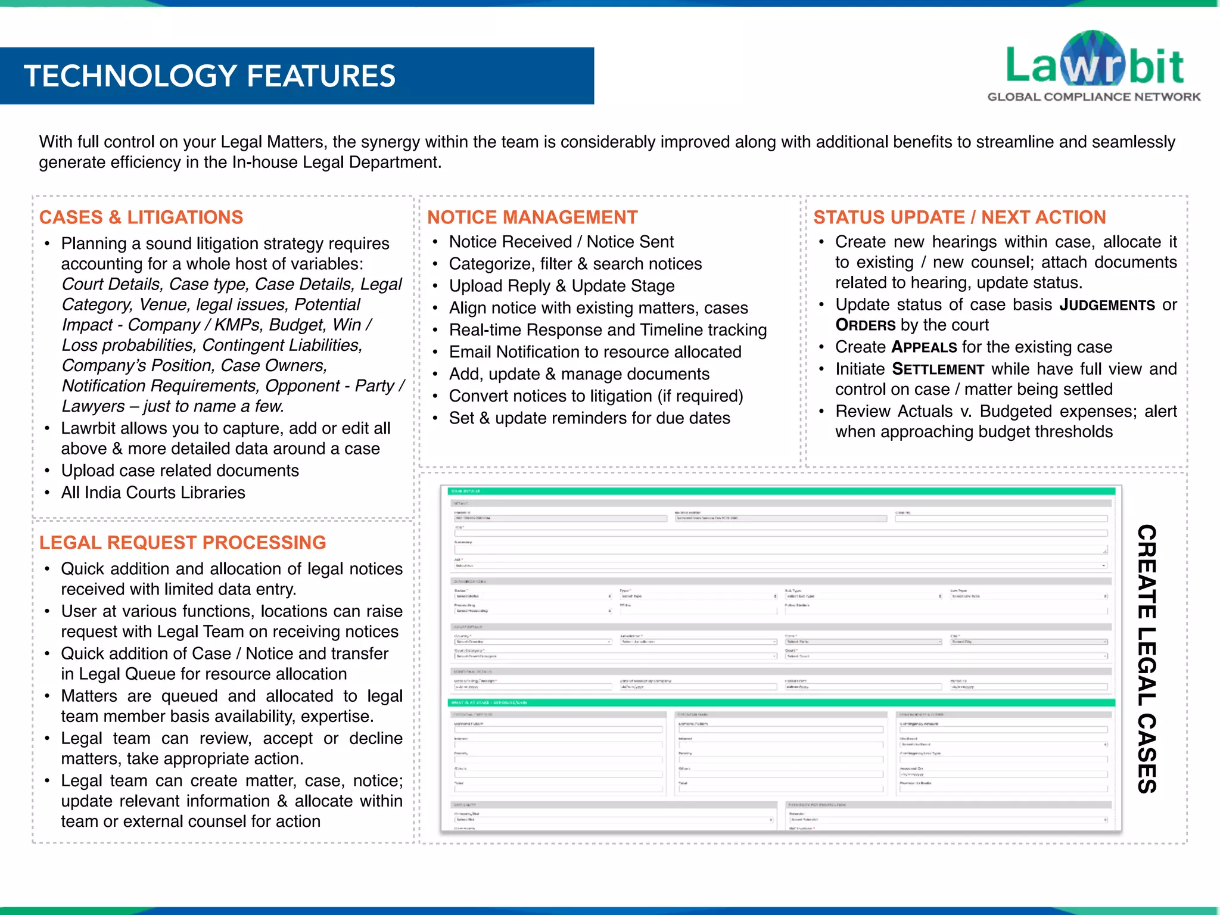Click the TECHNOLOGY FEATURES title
(210, 76)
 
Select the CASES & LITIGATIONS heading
(141, 217)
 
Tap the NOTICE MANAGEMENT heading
(532, 217)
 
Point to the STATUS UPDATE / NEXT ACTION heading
(959, 217)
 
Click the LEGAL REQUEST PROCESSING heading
(182, 543)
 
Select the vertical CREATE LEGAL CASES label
(1146, 658)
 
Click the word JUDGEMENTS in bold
(1107, 305)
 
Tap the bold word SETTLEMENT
(938, 369)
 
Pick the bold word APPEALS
(924, 347)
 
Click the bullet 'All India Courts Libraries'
(153, 493)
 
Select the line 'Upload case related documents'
(180, 471)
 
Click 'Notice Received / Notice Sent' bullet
(561, 242)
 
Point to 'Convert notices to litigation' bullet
(596, 396)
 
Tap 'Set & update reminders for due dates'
(589, 418)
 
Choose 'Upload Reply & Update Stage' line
(562, 286)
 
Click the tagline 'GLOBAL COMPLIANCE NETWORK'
(1094, 97)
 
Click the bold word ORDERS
(865, 325)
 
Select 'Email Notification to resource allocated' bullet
(595, 352)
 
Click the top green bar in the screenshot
(780, 491)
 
